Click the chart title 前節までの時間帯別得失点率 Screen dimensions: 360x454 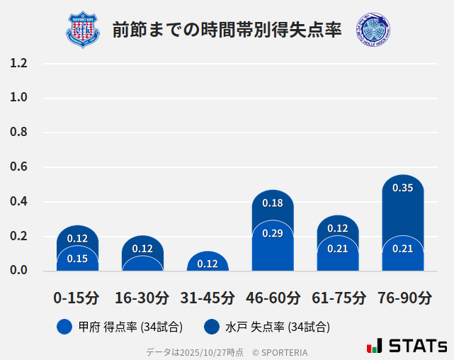pyautogui.click(x=227, y=29)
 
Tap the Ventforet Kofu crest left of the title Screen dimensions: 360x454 pyautogui.click(x=83, y=30)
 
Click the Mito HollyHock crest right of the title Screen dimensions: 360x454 pyautogui.click(x=373, y=30)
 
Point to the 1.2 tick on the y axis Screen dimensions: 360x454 pyautogui.click(x=18, y=64)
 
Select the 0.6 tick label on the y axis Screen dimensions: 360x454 pyautogui.click(x=18, y=167)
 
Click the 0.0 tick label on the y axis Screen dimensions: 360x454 pyautogui.click(x=18, y=271)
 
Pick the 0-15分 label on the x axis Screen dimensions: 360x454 pyautogui.click(x=76, y=297)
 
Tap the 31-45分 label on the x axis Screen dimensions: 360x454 pyautogui.click(x=207, y=297)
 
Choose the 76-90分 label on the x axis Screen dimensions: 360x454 pyautogui.click(x=404, y=297)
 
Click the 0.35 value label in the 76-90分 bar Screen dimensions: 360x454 pyautogui.click(x=402, y=189)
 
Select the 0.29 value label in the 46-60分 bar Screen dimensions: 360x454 pyautogui.click(x=273, y=233)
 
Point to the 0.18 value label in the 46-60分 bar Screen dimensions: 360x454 pyautogui.click(x=273, y=203)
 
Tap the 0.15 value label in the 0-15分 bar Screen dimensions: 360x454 pyautogui.click(x=77, y=259)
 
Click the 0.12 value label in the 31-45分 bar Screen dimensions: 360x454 pyautogui.click(x=208, y=264)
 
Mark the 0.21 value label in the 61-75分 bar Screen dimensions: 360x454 pyautogui.click(x=338, y=249)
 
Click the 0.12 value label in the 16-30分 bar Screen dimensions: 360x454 pyautogui.click(x=142, y=249)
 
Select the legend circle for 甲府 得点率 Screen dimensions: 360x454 pyautogui.click(x=64, y=327)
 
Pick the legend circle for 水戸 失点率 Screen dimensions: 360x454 pyautogui.click(x=211, y=327)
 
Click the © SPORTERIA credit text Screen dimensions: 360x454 pyautogui.click(x=280, y=351)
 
